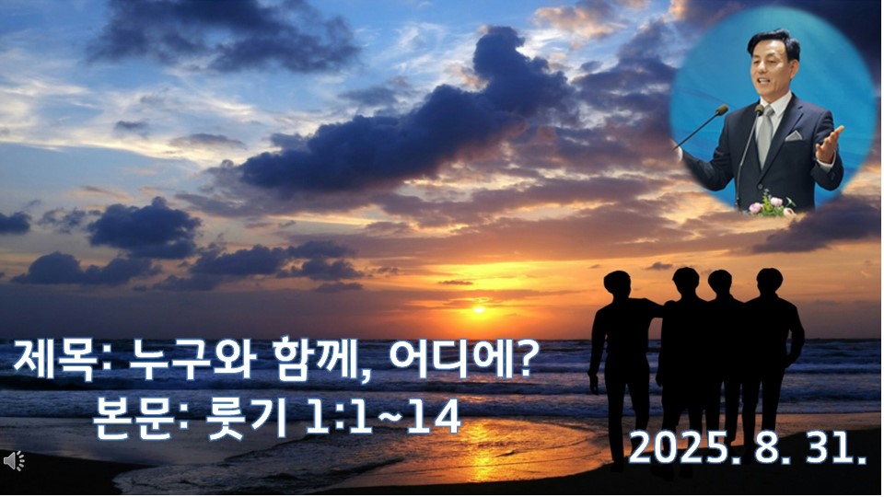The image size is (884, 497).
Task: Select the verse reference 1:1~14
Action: click(383, 418)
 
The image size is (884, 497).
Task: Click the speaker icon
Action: click(14, 461)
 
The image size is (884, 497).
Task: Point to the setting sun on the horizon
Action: click(479, 309)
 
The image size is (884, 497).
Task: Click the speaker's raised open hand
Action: click(829, 143)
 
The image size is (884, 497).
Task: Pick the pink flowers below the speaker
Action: click(771, 205)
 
